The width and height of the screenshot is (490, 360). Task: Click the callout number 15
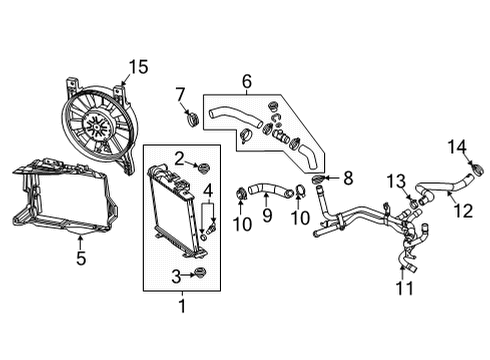pos(137,67)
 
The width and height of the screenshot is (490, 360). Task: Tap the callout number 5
pos(81,258)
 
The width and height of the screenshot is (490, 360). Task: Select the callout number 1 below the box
pos(181,304)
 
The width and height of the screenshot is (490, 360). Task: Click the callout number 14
pos(457,148)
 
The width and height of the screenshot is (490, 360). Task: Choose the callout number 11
pos(404,288)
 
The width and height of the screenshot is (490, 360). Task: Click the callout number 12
pos(461,210)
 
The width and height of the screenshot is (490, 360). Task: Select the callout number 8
pos(348,178)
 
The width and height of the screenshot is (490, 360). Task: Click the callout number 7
pos(179,95)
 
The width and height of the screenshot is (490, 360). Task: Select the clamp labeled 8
pos(319,180)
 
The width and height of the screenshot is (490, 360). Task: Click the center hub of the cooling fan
pos(98,125)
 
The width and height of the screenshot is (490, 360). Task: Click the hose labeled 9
pos(267,187)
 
